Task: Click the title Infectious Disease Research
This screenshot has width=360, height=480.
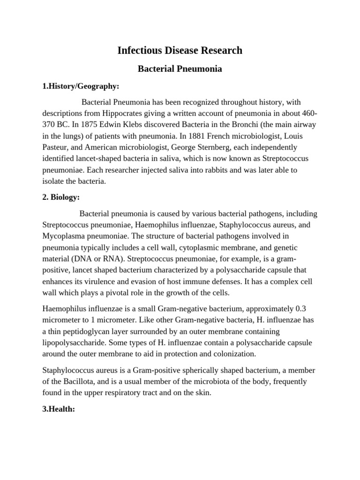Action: [180, 50]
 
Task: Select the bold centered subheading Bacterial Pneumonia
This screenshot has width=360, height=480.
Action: [180, 69]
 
